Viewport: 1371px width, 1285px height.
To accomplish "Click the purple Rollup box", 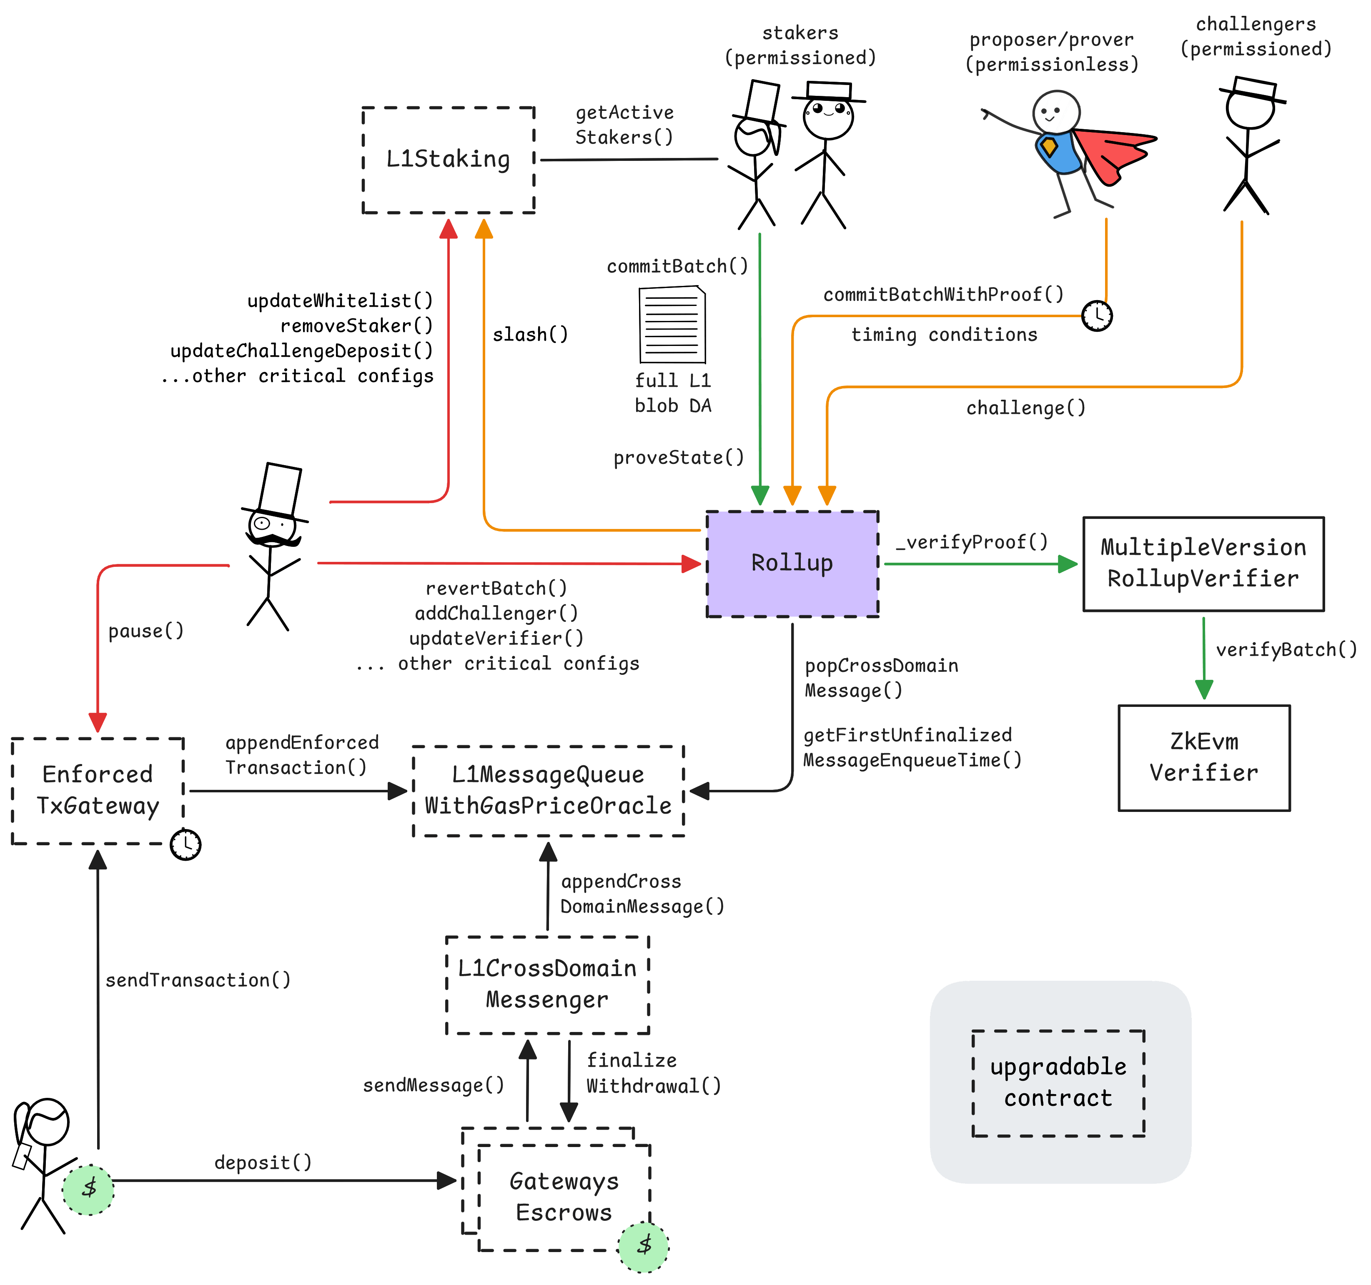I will (792, 564).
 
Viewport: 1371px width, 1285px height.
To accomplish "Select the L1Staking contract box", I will (448, 159).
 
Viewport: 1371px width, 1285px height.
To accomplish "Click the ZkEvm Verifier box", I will (1203, 757).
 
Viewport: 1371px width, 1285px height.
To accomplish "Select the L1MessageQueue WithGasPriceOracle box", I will (548, 790).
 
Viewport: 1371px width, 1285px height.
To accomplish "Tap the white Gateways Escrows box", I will (564, 1197).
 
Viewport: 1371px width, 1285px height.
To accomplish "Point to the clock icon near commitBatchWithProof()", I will (1097, 316).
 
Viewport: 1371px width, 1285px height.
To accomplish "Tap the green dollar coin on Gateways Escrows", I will (644, 1246).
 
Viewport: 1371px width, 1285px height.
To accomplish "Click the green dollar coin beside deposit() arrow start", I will (88, 1189).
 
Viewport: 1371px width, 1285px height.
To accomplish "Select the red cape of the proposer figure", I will (1110, 153).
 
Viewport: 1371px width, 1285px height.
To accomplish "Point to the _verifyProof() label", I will (971, 542).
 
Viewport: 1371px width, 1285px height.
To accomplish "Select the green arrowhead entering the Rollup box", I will (760, 495).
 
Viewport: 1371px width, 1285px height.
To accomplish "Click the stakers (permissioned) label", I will (800, 45).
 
